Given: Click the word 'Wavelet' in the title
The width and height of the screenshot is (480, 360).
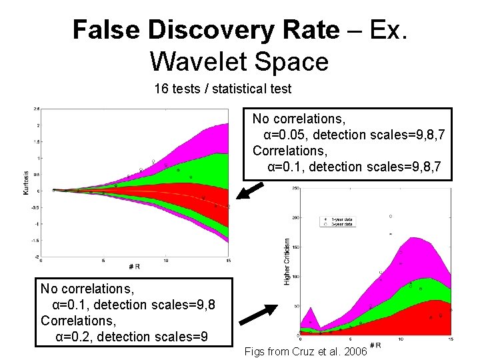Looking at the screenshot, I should (x=194, y=61).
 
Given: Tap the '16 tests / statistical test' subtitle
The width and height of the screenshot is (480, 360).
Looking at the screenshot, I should (x=223, y=88).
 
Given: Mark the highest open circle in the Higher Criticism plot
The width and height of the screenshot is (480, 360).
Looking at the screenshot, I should (x=391, y=217).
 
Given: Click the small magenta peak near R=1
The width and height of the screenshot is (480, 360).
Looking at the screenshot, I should (x=310, y=311).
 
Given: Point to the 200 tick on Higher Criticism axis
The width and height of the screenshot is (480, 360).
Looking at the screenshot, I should (x=295, y=218).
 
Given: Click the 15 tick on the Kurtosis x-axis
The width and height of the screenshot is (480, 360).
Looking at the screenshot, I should (x=229, y=261).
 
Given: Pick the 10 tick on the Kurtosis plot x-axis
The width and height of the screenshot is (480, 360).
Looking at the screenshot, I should (x=166, y=261).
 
